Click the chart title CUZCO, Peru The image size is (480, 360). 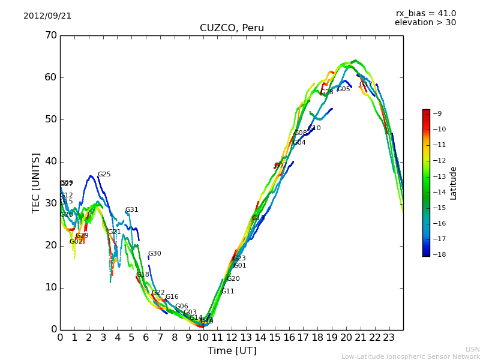232,28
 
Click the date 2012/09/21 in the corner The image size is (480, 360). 47,16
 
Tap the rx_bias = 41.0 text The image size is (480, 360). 425,13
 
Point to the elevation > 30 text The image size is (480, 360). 425,23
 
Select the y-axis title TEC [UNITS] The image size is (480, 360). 36,182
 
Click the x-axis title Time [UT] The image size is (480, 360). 232,351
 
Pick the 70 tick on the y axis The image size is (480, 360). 50,35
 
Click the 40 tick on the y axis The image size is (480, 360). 50,161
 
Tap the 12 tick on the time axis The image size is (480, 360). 232,337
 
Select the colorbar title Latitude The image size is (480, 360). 454,182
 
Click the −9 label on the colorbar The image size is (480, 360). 437,113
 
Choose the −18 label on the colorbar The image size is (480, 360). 436,254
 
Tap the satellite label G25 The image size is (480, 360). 104,175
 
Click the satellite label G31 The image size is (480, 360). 131,210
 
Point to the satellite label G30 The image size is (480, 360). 154,254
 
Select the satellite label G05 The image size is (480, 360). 343,89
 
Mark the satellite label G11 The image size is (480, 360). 228,292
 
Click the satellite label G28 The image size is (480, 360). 326,92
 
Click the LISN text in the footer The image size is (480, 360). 472,349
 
